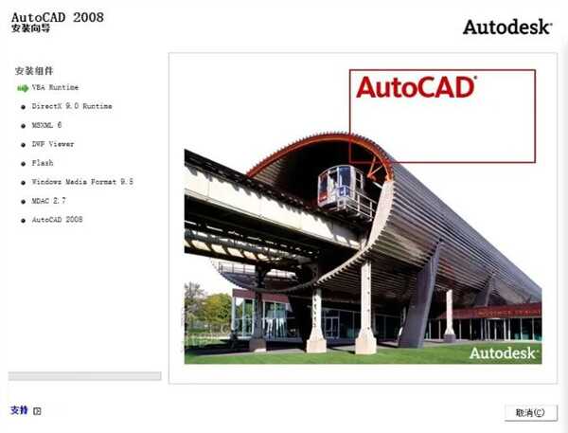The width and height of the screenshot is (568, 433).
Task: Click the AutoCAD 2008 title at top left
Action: (x=58, y=16)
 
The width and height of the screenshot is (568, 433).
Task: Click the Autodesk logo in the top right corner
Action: (x=506, y=27)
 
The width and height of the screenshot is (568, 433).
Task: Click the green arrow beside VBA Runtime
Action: (x=23, y=87)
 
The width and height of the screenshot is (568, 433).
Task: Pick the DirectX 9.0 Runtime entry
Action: (x=72, y=106)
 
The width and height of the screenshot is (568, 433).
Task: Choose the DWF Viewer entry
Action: (x=53, y=144)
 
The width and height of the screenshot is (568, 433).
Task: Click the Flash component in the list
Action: (x=43, y=163)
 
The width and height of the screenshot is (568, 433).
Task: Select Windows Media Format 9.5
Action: (x=82, y=181)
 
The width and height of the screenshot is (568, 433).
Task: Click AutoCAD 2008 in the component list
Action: (x=58, y=219)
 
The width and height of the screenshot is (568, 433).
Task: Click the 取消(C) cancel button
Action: (x=529, y=412)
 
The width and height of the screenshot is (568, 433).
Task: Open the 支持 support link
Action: (x=19, y=410)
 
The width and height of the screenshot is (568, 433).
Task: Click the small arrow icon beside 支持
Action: (x=37, y=411)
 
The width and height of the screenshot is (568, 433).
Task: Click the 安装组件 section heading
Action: (x=34, y=71)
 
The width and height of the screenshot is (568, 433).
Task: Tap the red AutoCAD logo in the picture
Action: (x=415, y=88)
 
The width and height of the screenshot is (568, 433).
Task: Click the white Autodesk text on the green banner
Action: (x=506, y=352)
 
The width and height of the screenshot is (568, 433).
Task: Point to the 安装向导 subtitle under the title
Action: (x=31, y=29)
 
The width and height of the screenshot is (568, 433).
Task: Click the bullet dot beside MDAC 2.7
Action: (x=23, y=201)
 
